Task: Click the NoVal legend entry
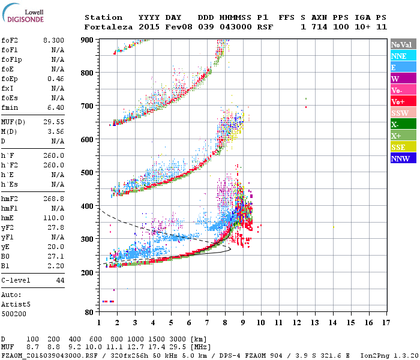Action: click(403, 44)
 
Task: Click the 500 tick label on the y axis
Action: click(88, 173)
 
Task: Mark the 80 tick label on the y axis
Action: click(89, 313)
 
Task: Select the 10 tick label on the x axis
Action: click(260, 323)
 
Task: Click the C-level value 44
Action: click(60, 280)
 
